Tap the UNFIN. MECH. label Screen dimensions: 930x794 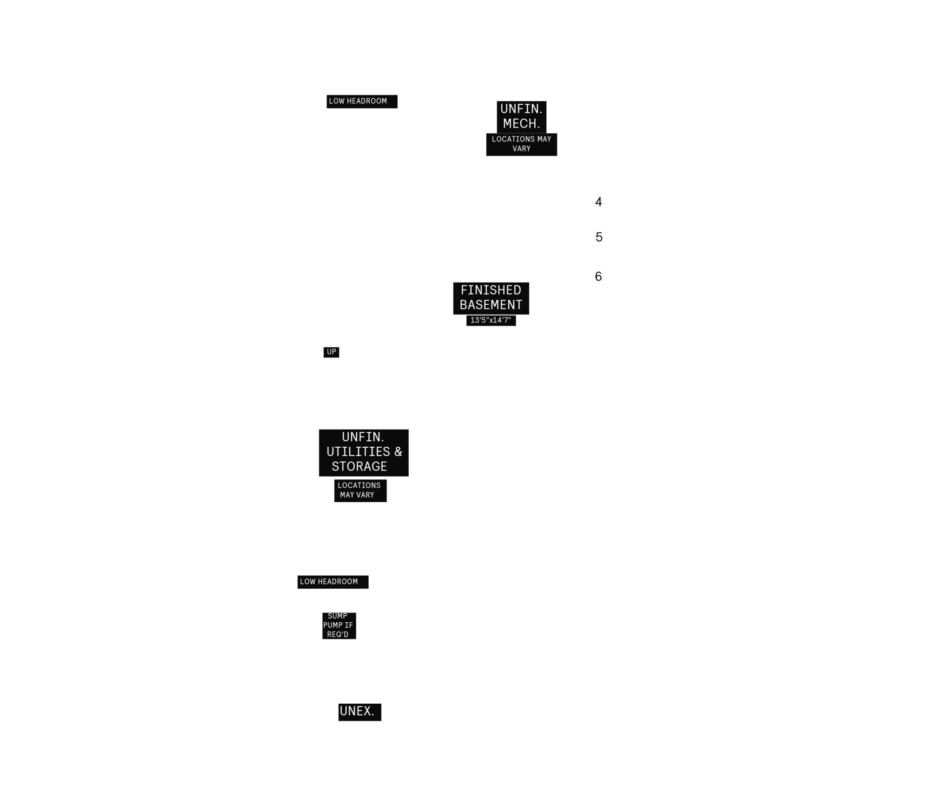521,116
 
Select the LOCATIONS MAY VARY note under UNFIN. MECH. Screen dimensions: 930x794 521,144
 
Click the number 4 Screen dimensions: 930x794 598,202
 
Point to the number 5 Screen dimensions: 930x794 599,237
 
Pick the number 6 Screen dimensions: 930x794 598,276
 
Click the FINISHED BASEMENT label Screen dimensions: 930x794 491,297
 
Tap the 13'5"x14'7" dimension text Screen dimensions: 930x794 491,320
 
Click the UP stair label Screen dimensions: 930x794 332,352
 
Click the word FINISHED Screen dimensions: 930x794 491,290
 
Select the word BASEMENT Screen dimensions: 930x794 491,305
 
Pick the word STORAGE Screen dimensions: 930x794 359,466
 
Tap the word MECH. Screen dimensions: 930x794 521,124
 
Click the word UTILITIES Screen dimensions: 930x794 358,452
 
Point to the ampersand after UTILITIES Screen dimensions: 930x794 399,452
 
